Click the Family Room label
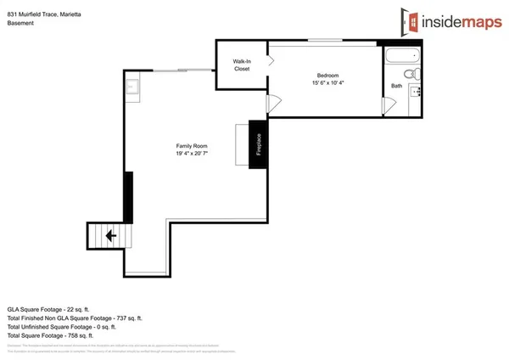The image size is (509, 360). pyautogui.click(x=192, y=145)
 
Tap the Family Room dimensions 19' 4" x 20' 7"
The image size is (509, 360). pyautogui.click(x=192, y=154)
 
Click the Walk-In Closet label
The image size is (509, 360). pyautogui.click(x=242, y=65)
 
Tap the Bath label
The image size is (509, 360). pyautogui.click(x=397, y=86)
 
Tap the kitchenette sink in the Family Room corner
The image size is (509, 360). pyautogui.click(x=132, y=86)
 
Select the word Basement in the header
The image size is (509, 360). pyautogui.click(x=20, y=23)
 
